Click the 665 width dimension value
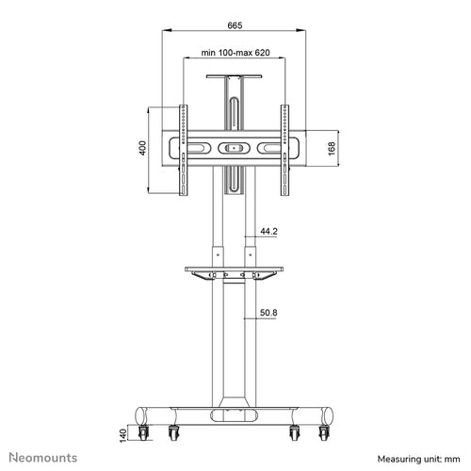(x=235, y=25)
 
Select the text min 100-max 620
(x=235, y=53)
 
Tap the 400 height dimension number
(x=142, y=148)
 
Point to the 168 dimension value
(x=332, y=149)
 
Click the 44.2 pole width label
(x=268, y=232)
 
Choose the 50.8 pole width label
(x=268, y=313)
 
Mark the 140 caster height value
(x=122, y=436)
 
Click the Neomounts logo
(x=43, y=458)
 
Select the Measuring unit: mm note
(x=418, y=459)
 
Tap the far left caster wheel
(x=143, y=432)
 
